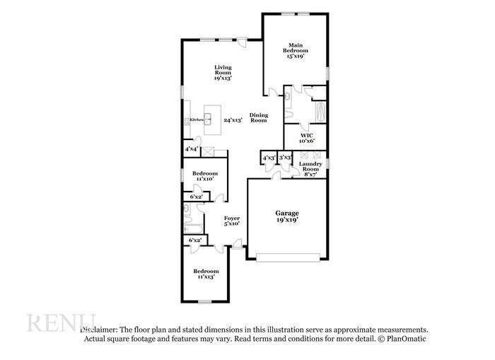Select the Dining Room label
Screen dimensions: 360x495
point(259,117)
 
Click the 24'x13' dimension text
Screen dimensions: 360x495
point(233,120)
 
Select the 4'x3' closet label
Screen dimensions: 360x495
point(269,157)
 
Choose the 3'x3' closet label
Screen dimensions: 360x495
point(285,157)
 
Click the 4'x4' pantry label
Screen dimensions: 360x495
point(191,149)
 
